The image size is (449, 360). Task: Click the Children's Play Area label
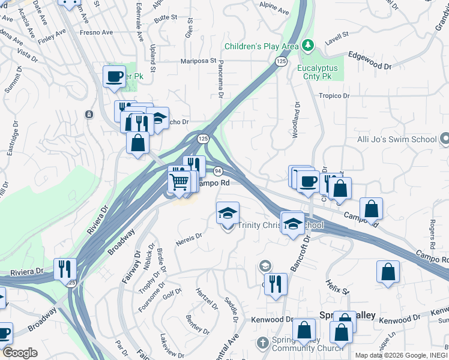[x=261, y=46]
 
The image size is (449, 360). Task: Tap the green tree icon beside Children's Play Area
[x=307, y=45]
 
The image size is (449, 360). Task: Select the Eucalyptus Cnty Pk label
[x=318, y=73]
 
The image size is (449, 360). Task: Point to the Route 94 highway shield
[x=217, y=171]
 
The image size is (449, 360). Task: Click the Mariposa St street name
[x=199, y=61]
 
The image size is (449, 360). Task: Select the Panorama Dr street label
[x=220, y=82]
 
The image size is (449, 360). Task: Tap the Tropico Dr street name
[x=334, y=95]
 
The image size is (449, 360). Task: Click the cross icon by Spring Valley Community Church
[x=261, y=343]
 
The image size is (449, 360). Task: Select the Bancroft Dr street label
[x=303, y=250]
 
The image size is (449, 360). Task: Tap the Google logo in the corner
[x=20, y=353]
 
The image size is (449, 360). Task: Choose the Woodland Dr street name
[x=296, y=120]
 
